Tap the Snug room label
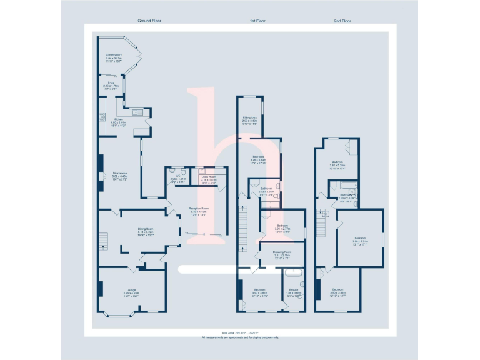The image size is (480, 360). [110, 83]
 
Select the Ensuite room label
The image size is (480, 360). [293, 289]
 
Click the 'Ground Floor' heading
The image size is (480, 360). [149, 21]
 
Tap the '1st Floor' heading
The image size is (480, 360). [258, 21]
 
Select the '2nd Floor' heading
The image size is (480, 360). [342, 21]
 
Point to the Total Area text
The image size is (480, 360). [240, 332]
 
